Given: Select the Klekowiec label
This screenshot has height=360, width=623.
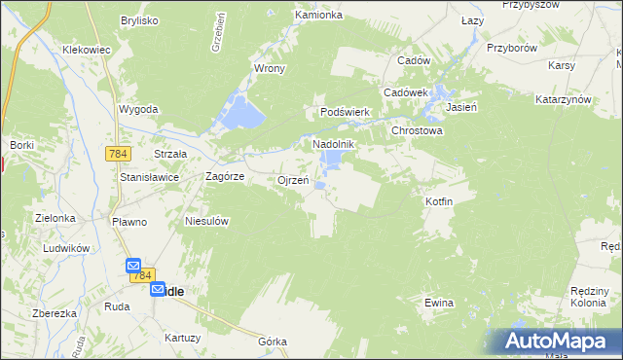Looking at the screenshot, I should click(x=86, y=49).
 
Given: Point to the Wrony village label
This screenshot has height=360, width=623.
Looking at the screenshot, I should click(x=269, y=69).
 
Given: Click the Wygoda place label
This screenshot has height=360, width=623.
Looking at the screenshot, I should click(x=138, y=109).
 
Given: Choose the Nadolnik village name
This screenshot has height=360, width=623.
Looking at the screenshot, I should click(x=334, y=144).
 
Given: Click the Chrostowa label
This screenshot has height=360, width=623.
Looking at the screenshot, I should click(x=417, y=130).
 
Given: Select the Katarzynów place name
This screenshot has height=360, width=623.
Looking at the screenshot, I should click(x=564, y=100).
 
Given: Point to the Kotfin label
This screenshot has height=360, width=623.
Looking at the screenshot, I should click(x=439, y=200).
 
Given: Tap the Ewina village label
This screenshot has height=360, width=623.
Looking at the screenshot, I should click(x=439, y=303).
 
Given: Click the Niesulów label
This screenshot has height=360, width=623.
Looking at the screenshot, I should click(x=206, y=221).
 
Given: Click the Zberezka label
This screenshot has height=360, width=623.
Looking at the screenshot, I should click(x=55, y=313).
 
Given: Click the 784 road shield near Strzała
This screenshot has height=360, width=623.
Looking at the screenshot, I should click(x=119, y=155).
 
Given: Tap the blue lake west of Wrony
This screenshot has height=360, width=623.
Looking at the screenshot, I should click(x=240, y=115).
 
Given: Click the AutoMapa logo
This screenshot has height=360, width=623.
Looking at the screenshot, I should click(x=559, y=342).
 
